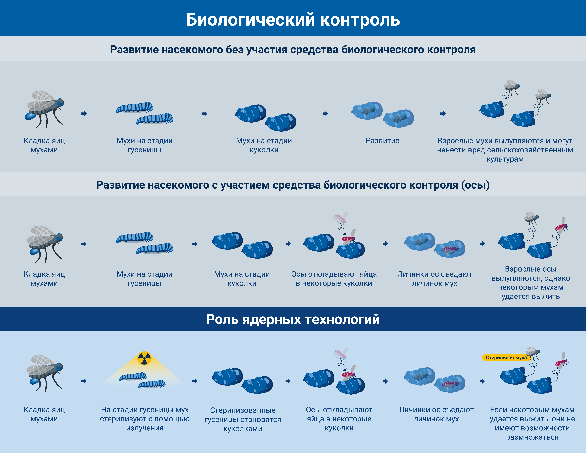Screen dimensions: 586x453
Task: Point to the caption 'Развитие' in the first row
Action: (x=382, y=141)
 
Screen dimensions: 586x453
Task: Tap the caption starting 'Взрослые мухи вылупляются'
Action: (x=505, y=150)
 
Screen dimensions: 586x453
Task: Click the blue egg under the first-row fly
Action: (x=30, y=116)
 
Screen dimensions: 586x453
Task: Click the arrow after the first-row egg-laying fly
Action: (x=84, y=114)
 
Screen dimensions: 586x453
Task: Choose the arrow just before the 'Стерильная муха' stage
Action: (x=482, y=381)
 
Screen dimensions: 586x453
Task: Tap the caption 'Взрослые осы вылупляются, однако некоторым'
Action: (x=531, y=283)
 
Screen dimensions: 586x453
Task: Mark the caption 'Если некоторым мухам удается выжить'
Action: (x=532, y=423)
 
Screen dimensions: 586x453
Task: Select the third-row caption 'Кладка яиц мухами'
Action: (x=44, y=414)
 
